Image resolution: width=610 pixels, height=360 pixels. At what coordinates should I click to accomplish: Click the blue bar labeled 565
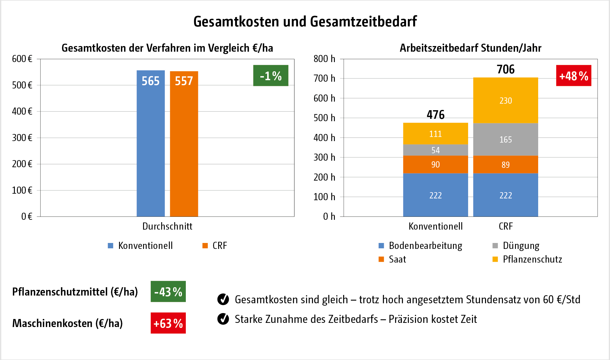click(150, 143)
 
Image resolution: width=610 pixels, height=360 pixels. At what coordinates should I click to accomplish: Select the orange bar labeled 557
click(184, 144)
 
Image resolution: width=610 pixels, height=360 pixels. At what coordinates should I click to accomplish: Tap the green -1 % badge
click(271, 75)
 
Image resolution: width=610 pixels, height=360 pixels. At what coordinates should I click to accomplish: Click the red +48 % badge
click(573, 75)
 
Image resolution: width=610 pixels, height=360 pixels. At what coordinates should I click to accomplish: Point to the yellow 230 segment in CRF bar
click(506, 100)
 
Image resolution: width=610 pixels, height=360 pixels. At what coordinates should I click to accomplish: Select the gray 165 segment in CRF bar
click(506, 139)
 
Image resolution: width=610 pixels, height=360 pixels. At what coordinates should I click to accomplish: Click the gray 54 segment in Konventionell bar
click(435, 150)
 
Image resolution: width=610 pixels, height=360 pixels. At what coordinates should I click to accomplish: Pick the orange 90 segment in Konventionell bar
click(435, 164)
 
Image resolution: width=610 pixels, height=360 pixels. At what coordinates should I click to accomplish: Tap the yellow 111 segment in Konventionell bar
click(435, 134)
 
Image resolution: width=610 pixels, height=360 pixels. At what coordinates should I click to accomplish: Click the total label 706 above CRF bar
click(506, 69)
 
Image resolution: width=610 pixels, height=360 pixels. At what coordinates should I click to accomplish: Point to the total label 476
click(435, 115)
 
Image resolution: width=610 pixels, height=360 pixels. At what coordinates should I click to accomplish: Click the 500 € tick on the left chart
click(22, 85)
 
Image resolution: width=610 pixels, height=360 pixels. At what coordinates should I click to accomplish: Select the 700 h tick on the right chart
click(324, 78)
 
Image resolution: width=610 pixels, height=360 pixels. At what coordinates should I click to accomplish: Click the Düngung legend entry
click(521, 246)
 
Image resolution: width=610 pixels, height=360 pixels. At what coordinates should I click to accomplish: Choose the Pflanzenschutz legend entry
click(532, 259)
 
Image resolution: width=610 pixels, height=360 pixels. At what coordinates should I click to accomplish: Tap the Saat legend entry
click(397, 259)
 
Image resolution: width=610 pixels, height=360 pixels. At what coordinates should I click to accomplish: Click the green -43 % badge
click(168, 291)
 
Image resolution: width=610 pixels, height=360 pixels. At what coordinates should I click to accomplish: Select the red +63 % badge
click(168, 323)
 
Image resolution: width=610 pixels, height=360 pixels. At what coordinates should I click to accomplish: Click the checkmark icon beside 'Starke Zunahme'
click(223, 319)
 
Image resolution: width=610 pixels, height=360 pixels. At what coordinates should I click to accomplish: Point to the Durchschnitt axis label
click(167, 226)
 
